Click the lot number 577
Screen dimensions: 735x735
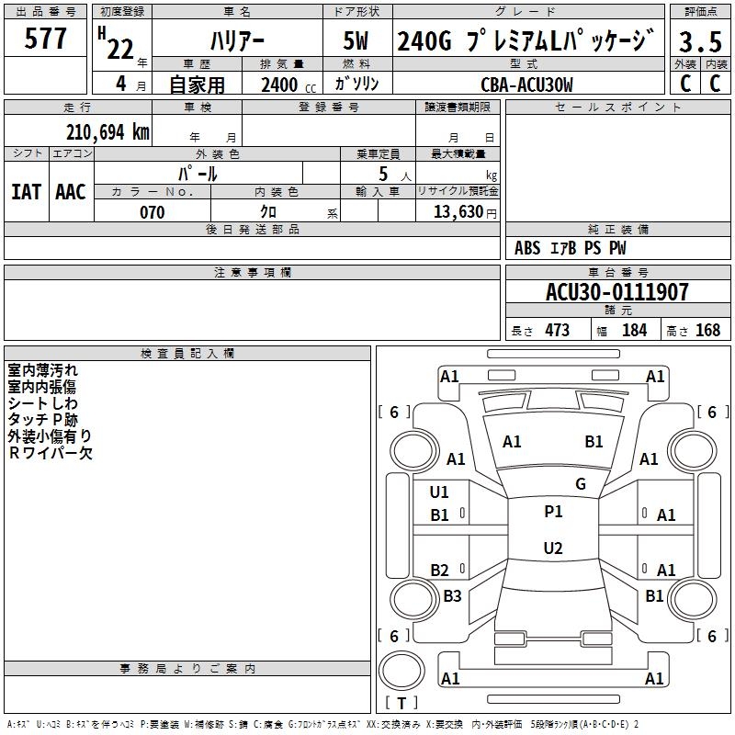pos(45,38)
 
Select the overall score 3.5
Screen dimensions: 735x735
pos(700,41)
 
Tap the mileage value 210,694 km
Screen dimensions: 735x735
pos(107,132)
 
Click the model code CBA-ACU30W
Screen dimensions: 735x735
pos(526,85)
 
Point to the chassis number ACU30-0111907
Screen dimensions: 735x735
pos(617,292)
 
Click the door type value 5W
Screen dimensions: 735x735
pos(356,40)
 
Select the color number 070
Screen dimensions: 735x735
pos(153,212)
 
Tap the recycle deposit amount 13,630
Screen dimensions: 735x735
pos(458,212)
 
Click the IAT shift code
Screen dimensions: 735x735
pos(27,192)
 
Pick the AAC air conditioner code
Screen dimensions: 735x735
pos(71,192)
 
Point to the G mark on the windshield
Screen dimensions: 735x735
pos(581,484)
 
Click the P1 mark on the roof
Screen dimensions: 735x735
pos(553,512)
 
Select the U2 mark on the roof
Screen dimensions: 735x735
pos(553,548)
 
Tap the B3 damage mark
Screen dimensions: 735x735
pos(452,595)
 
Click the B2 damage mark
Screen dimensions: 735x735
pos(440,570)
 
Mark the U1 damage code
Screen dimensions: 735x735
pos(439,492)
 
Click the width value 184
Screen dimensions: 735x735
pos(634,330)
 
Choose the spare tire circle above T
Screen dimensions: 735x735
pos(401,671)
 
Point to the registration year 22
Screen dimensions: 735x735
pos(120,49)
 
